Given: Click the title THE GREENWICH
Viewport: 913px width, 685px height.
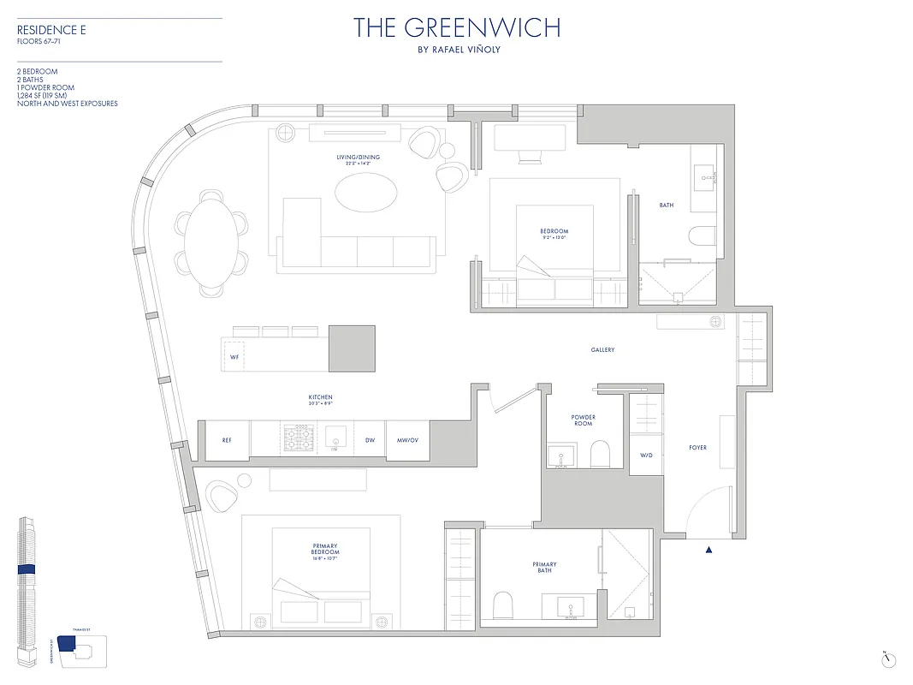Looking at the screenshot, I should pyautogui.click(x=457, y=27).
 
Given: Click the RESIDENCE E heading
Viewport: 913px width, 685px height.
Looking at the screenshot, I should pyautogui.click(x=52, y=30).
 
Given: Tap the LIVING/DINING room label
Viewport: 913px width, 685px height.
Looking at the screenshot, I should pyautogui.click(x=358, y=158).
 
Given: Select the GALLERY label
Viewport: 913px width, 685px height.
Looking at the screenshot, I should pyautogui.click(x=602, y=350).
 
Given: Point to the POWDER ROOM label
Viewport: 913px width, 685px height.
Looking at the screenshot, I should pyautogui.click(x=583, y=420).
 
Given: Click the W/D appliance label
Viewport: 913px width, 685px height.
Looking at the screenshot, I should pyautogui.click(x=646, y=456).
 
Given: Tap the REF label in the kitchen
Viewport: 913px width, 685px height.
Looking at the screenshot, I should pyautogui.click(x=227, y=440).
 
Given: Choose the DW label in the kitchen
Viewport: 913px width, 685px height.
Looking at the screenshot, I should pyautogui.click(x=370, y=440).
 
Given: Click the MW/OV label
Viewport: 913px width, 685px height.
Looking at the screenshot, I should pyautogui.click(x=407, y=440).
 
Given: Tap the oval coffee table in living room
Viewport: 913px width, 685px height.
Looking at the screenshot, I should pyautogui.click(x=366, y=193).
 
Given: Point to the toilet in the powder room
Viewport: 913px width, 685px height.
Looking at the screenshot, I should pyautogui.click(x=600, y=454).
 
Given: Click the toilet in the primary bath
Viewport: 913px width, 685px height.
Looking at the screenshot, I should pyautogui.click(x=504, y=605).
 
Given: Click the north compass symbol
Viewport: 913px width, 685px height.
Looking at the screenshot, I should pyautogui.click(x=890, y=658).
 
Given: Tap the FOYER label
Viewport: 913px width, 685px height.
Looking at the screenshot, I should pyautogui.click(x=697, y=448).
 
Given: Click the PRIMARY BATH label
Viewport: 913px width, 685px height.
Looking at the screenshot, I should pyautogui.click(x=544, y=568).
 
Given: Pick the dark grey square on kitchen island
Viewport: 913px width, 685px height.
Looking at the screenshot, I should pyautogui.click(x=352, y=348).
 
